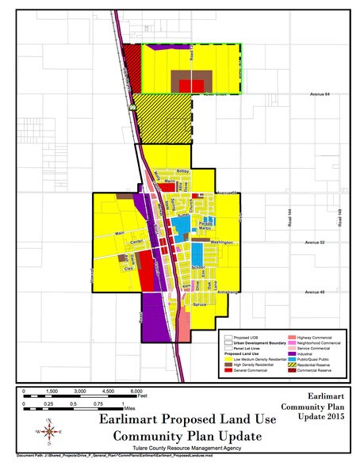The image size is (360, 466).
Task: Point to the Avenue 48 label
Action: point(318,292)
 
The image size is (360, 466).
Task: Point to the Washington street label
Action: point(221,242)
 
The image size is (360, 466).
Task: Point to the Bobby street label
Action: point(183,170)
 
